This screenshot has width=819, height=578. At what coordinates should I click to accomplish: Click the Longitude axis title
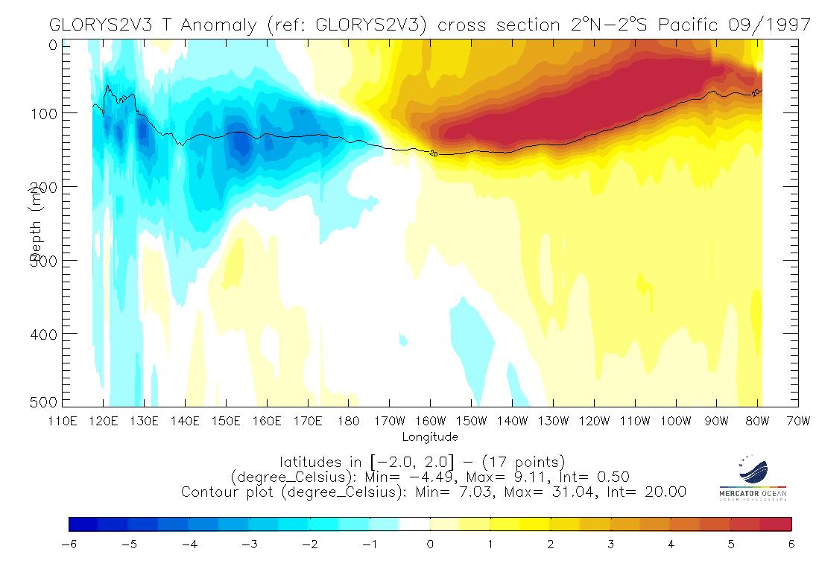tap(430, 436)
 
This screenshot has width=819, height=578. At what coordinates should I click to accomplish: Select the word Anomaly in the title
tap(220, 25)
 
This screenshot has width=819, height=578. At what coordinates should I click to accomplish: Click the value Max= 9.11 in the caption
tap(532, 477)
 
